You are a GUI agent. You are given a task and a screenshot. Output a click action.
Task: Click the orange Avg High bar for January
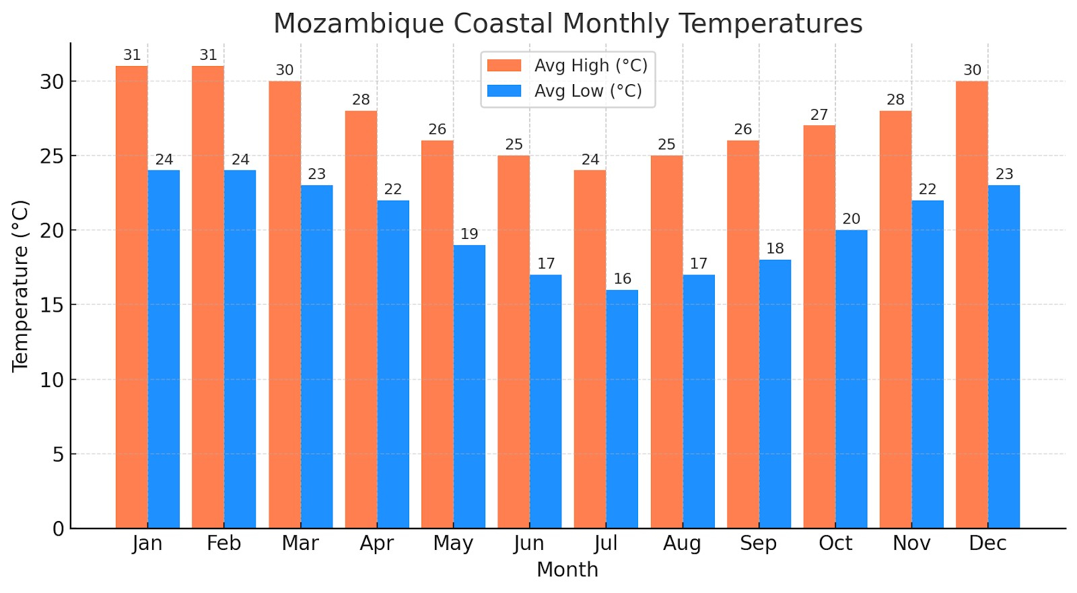[x=131, y=296]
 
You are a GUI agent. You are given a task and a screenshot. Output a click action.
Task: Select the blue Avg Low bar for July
[x=622, y=409]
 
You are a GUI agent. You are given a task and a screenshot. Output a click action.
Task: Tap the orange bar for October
[x=819, y=326]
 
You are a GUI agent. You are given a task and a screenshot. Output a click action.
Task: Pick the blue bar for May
[x=469, y=386]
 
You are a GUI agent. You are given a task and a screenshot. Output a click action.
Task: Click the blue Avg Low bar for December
[x=1004, y=357]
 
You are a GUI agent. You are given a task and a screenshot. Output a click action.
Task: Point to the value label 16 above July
[x=622, y=279]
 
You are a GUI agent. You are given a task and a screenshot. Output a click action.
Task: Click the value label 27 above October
[x=819, y=114]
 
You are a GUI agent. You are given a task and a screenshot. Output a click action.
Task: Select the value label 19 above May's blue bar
[x=469, y=234]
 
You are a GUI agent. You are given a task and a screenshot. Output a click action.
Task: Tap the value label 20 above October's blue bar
[x=851, y=219]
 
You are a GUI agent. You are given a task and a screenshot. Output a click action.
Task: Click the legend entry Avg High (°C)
[x=590, y=65]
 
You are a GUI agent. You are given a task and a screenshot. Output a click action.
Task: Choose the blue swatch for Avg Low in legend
[x=504, y=91]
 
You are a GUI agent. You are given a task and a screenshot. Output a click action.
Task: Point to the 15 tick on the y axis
[x=52, y=306]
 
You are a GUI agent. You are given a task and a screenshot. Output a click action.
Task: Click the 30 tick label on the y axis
[x=52, y=82]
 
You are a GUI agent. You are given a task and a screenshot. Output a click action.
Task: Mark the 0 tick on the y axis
[x=59, y=529]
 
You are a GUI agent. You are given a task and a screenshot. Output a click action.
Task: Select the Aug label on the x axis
[x=682, y=543]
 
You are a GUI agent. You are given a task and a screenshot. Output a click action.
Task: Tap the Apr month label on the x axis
[x=376, y=543]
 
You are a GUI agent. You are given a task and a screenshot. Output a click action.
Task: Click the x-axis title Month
[x=567, y=569]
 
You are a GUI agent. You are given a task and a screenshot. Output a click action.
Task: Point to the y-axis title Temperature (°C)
[x=21, y=285]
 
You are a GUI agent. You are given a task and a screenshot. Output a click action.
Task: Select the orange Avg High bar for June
[x=514, y=341]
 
